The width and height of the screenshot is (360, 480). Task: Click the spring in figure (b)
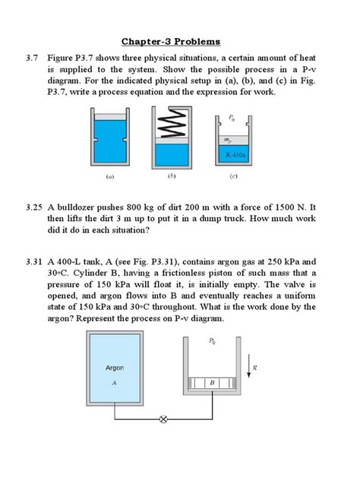pos(172,125)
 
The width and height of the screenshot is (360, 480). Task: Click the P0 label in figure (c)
pos(232,119)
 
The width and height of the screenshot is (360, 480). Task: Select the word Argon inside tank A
pos(114,368)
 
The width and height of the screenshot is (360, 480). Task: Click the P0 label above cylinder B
pos(210,343)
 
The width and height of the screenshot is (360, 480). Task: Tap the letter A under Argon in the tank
pos(113,383)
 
